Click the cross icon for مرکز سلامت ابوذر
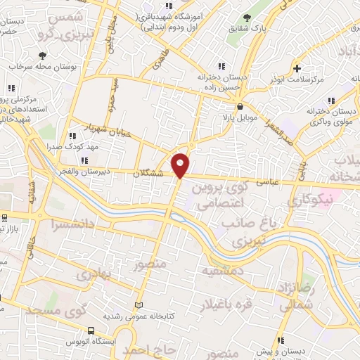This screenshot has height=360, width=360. pyautogui.click(x=297, y=68)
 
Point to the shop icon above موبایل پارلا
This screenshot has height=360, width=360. pyautogui.click(x=241, y=106)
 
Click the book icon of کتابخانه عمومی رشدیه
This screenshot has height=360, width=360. pyautogui.click(x=139, y=305)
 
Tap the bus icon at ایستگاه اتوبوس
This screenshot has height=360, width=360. pyautogui.click(x=91, y=330)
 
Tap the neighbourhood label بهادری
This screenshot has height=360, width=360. pyautogui.click(x=94, y=275)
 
